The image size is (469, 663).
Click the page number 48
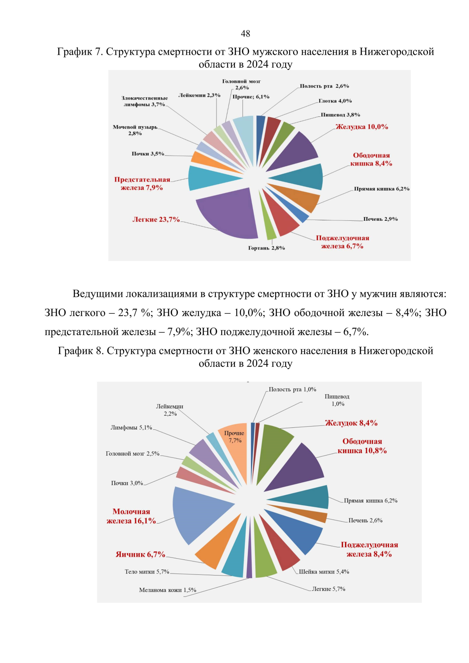245,34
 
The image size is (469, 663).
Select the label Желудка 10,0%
362,127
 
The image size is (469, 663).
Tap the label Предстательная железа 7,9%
142,184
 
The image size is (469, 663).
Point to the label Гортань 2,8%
266,248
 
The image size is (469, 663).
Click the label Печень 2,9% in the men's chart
380,219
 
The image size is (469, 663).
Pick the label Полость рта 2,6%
324,86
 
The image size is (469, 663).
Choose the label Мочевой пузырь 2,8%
135,130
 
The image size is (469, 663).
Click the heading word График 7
80,52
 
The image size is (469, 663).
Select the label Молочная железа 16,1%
131,516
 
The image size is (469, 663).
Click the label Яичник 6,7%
140,554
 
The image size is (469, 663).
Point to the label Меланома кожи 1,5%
167,590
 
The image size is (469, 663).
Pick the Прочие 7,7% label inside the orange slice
234,437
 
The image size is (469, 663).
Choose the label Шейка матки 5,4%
324,572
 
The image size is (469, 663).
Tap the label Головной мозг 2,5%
132,454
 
